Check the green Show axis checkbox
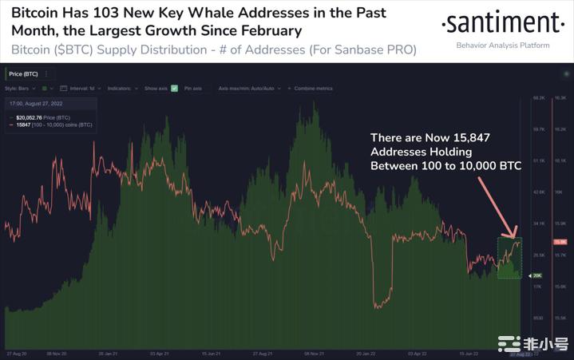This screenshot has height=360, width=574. point(173,88)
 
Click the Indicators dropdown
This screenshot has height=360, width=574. point(124,88)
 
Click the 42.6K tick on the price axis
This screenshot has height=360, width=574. point(539,192)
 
